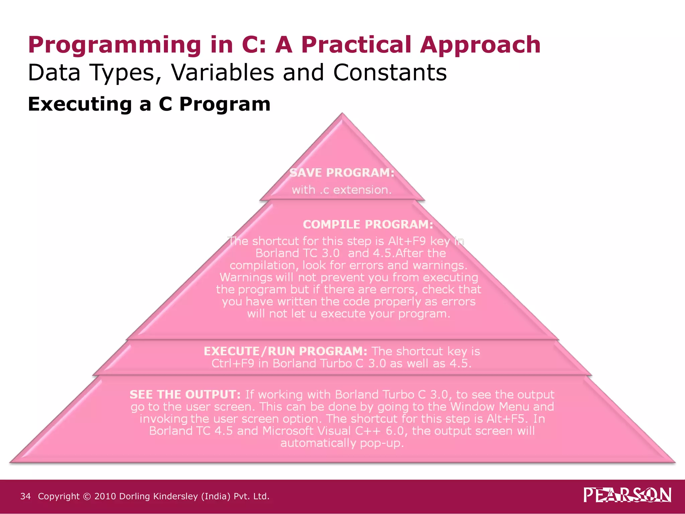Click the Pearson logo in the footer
[x=627, y=495]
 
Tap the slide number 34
[x=25, y=496]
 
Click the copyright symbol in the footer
[x=87, y=497]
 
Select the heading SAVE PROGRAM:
[x=342, y=173]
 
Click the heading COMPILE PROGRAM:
[x=368, y=224]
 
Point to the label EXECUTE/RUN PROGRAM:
[x=285, y=351]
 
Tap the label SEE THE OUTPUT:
[x=185, y=395]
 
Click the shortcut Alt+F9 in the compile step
[x=407, y=241]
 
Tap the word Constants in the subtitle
[x=390, y=72]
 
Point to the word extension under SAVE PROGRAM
[x=362, y=190]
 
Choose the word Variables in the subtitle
[x=222, y=72]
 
